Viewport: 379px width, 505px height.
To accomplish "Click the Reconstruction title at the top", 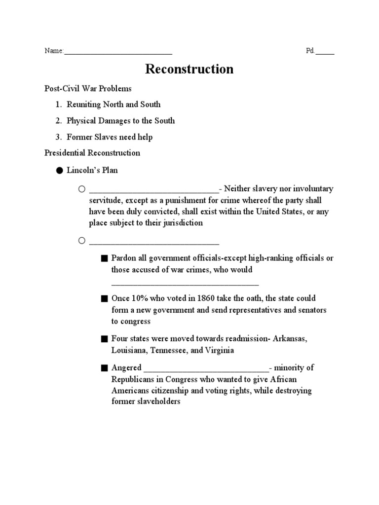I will (189, 69).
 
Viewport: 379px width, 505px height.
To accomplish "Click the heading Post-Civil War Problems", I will (88, 89).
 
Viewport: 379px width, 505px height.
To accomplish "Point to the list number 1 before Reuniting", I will (58, 105).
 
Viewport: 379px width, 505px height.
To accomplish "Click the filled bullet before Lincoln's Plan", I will (59, 171).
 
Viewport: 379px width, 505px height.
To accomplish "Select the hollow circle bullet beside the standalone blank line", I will (81, 241).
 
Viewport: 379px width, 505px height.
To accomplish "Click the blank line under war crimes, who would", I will (185, 284).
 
